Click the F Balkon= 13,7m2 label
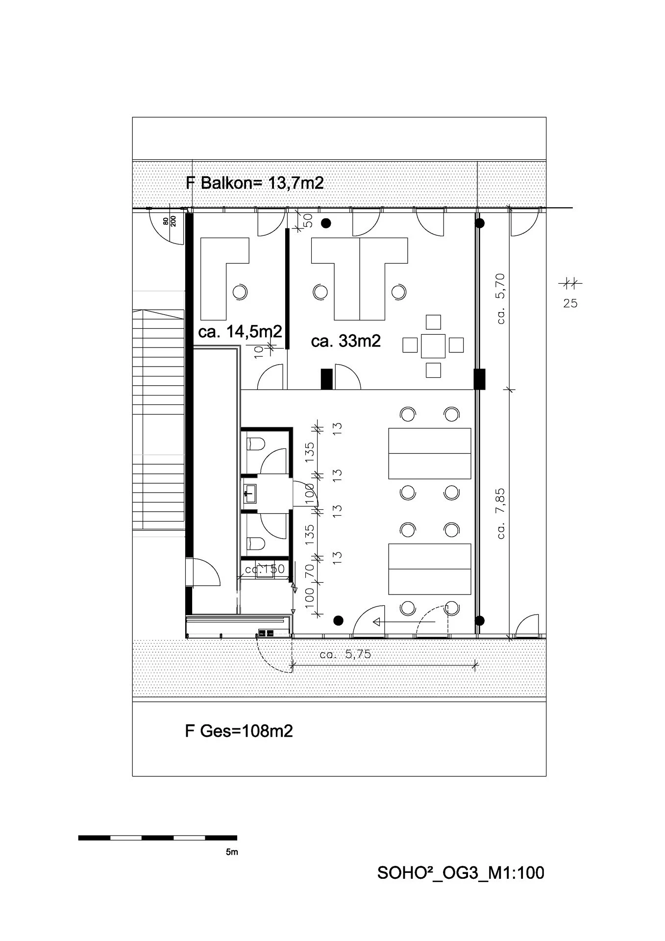255,183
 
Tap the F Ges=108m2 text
239,731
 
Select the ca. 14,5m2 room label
240,332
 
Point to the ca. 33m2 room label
346,341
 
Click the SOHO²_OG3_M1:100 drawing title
461,873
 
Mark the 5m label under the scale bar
232,852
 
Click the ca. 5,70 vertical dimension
500,298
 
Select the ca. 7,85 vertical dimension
500,514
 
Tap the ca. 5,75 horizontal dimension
345,654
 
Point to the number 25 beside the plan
570,303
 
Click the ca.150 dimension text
265,570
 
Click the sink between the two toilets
250,493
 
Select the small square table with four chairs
433,346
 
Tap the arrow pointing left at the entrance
404,622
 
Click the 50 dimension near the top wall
309,221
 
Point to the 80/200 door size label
170,223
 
